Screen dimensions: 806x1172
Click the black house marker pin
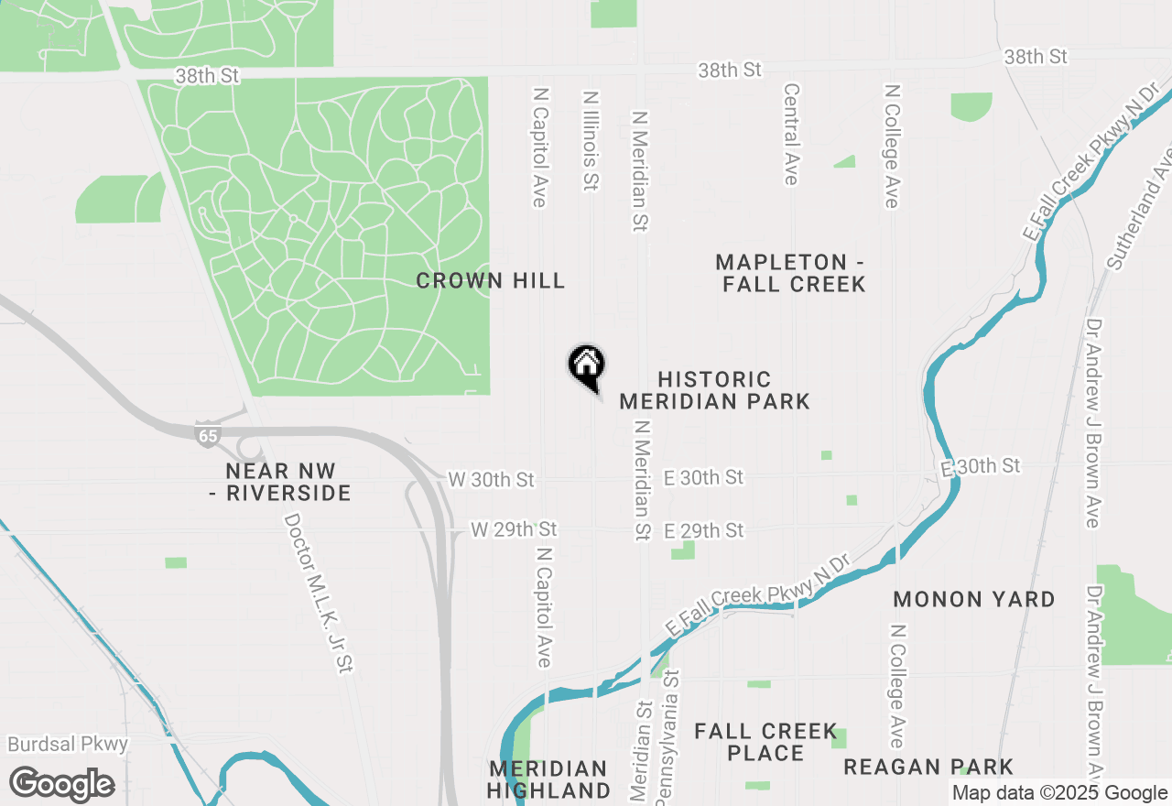pos(587,366)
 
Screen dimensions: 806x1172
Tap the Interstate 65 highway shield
pos(208,435)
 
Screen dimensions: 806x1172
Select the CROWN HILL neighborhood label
pos(491,280)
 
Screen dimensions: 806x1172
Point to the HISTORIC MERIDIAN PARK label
pos(714,390)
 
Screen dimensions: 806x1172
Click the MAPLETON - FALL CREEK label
pos(793,273)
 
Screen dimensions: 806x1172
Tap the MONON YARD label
pos(974,600)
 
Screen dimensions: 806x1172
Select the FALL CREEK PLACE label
pos(765,742)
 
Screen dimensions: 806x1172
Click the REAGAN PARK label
pos(928,767)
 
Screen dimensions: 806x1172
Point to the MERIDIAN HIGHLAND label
pos(548,779)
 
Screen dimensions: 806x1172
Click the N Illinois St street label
pos(591,140)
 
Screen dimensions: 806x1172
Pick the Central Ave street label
pos(792,135)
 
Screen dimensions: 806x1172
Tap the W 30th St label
pos(491,480)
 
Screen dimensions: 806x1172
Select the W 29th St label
pos(514,529)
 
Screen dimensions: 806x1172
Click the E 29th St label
pos(704,531)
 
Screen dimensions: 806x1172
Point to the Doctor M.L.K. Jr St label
pos(319,594)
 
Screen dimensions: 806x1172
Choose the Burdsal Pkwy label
pos(68,744)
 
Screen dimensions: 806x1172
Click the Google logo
pos(62,785)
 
